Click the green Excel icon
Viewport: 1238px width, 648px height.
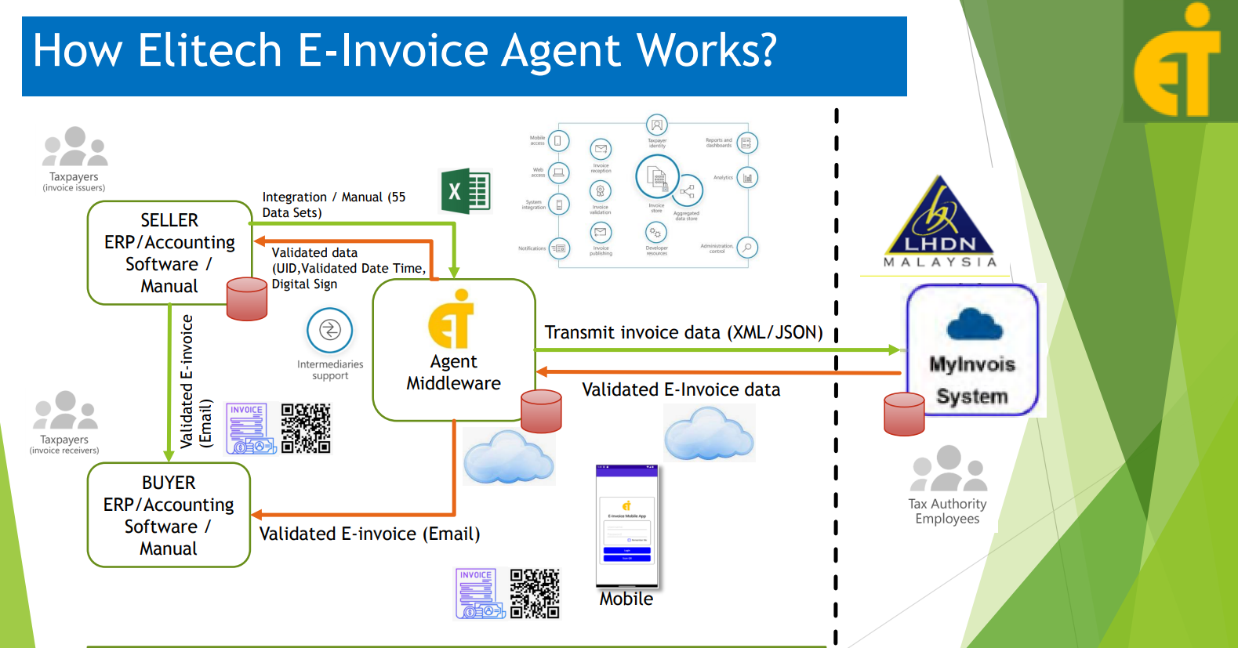click(x=466, y=191)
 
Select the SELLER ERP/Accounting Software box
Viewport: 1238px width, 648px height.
click(x=169, y=252)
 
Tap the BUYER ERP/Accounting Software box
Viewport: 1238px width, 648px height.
click(x=169, y=515)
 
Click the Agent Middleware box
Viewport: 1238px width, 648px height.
click(x=454, y=349)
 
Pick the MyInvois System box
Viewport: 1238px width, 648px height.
click(x=972, y=350)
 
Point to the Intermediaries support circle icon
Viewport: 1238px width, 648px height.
click(x=330, y=331)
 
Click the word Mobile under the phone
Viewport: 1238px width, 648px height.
click(x=626, y=599)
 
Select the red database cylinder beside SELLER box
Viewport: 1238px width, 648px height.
click(x=247, y=299)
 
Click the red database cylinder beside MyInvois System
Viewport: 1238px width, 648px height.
click(x=904, y=414)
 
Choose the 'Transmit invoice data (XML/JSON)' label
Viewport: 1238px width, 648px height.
click(x=684, y=332)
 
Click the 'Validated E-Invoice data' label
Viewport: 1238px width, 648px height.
click(x=681, y=389)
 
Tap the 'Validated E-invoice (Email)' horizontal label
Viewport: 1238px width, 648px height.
click(x=369, y=534)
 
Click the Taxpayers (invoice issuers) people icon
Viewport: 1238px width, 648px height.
click(x=74, y=147)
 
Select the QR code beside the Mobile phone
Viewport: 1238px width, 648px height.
click(x=535, y=594)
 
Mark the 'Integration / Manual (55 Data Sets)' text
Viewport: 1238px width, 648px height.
click(x=334, y=205)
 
